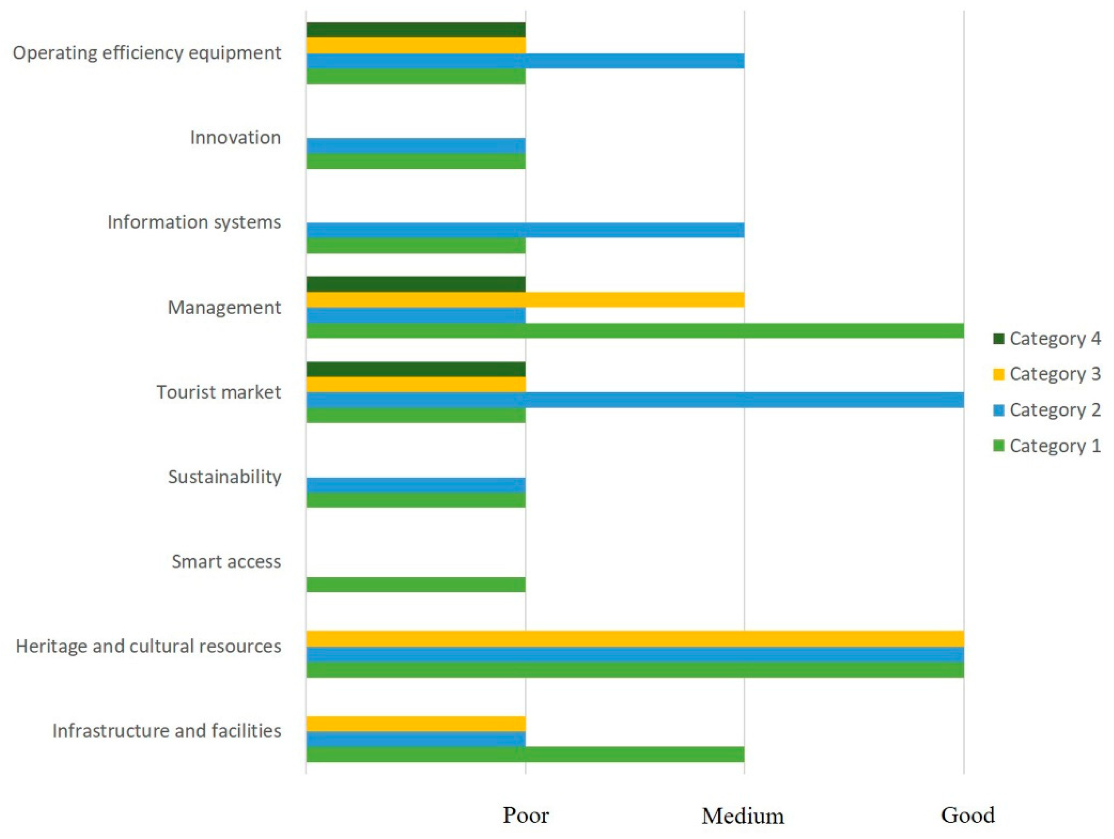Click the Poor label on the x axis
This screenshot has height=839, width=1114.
[526, 814]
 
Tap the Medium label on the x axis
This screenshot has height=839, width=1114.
[743, 815]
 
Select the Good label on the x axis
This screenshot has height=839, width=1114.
[967, 814]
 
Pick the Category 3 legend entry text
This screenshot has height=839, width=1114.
[1055, 374]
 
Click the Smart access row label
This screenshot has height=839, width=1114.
[226, 561]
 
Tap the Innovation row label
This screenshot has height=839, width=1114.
[235, 138]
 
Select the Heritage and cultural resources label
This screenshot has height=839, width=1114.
[149, 646]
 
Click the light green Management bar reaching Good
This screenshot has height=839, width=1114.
[634, 330]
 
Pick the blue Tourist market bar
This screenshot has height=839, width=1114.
[634, 400]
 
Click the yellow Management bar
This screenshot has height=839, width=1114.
[525, 300]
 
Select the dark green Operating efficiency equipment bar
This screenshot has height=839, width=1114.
[416, 30]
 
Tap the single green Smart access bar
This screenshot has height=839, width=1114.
[416, 584]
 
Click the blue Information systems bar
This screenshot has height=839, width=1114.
[525, 230]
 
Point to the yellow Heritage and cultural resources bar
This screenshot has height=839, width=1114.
[634, 639]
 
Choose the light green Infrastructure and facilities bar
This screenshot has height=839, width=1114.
[525, 754]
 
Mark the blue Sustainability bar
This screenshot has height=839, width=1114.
[416, 485]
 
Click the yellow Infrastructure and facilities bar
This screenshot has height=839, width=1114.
[416, 724]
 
